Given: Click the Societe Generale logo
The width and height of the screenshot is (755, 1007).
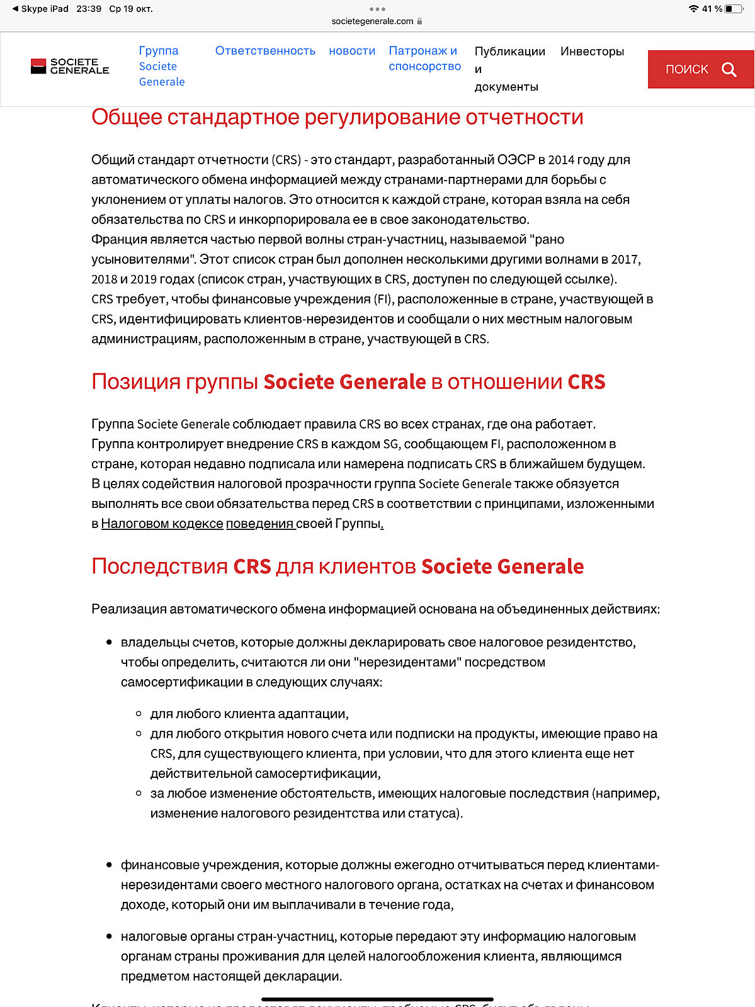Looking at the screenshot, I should pos(70,66).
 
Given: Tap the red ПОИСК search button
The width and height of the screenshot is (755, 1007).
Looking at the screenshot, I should pos(700,69).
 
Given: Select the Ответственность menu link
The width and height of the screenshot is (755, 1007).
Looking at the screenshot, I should pos(265,51).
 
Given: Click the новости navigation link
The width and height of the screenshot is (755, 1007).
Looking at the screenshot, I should pos(352,51).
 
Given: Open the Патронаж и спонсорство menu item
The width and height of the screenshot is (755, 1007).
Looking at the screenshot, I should pos(424,59).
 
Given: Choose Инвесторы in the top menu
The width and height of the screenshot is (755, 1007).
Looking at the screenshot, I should pos(592,52).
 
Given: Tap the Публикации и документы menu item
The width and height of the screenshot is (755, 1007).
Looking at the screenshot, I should pos(509,69).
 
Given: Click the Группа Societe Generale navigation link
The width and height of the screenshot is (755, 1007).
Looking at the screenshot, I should pos(161,66).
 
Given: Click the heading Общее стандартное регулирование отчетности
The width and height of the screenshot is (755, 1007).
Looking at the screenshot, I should pos(337,117).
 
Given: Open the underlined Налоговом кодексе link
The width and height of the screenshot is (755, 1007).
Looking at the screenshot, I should pos(162,524).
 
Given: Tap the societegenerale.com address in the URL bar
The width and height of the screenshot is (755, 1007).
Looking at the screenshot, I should pos(372,21).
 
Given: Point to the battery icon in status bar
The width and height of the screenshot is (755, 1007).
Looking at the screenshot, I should pos(734,9).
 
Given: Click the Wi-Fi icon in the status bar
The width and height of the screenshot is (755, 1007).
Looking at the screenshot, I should pos(693,9).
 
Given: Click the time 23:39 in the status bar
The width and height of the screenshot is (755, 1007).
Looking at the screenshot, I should pos(89,9).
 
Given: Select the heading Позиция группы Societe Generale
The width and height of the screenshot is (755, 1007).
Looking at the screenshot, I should pos(348,382).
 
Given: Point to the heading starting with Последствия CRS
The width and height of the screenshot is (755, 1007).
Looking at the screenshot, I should pos(337,566).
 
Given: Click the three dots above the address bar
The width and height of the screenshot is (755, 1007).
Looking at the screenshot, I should pos(377,9).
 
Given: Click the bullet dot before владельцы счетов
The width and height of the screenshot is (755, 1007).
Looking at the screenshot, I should pos(109,643).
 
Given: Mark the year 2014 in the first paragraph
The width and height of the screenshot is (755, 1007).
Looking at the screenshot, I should pos(562,160).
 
